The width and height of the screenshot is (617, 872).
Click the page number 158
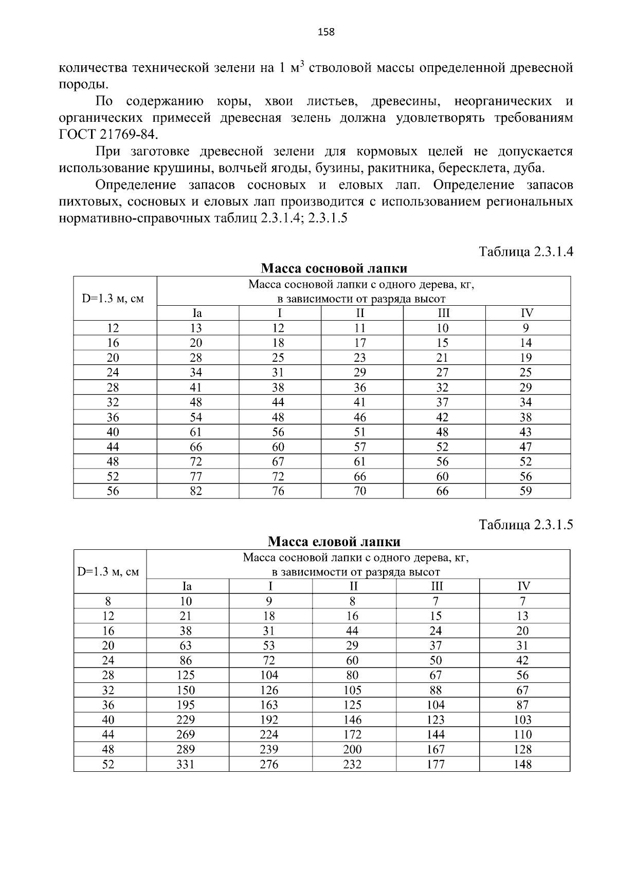pos(326,32)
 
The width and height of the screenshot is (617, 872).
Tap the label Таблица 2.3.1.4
pos(525,252)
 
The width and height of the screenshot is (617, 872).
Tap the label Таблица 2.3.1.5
pos(525,525)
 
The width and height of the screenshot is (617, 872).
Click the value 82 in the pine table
pos(196,491)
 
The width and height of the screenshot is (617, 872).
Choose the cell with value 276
pos(269,765)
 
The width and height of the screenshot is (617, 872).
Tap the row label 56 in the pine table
pos(113,491)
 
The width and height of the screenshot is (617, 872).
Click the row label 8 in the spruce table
pos(108,601)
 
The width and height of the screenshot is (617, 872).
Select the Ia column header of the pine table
pos(196,313)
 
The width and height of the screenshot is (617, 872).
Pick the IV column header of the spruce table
pos(523,586)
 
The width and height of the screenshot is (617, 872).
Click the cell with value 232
pos(352,765)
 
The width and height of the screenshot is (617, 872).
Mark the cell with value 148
pos(522,765)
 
